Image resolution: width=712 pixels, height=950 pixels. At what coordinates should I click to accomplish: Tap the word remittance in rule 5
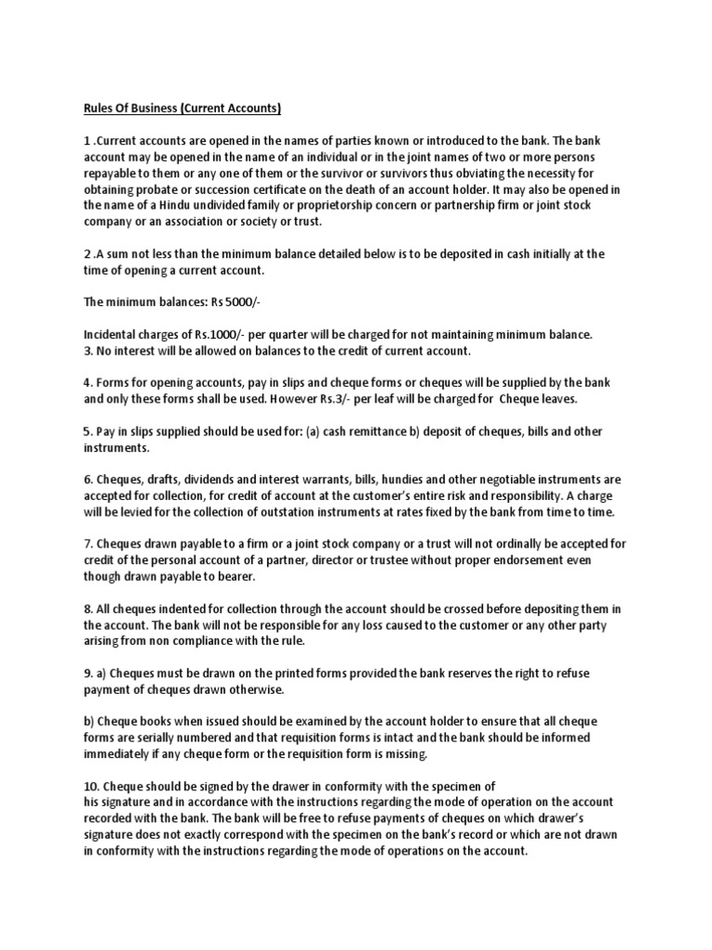pyautogui.click(x=423, y=431)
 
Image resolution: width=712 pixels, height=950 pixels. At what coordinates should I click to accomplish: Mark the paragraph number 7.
pyautogui.click(x=87, y=545)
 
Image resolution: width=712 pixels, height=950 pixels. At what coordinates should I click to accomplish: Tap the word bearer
pyautogui.click(x=256, y=576)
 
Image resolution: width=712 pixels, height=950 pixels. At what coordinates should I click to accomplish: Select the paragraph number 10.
pyautogui.click(x=91, y=787)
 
